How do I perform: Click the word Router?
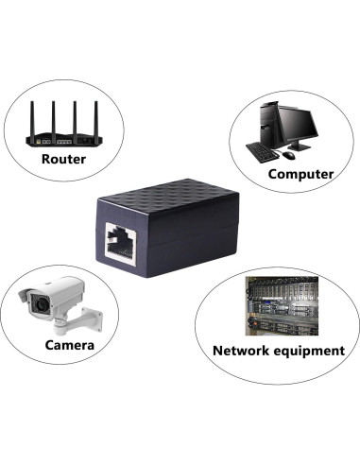(x=63, y=159)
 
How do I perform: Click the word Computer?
(x=300, y=174)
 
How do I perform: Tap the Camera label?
(x=70, y=345)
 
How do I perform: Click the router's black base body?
(x=63, y=138)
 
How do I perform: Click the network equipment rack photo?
(x=278, y=303)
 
